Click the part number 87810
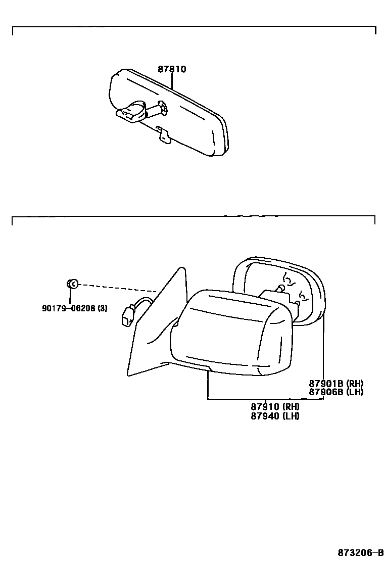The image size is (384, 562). coord(172,69)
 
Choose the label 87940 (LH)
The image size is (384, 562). coord(275,416)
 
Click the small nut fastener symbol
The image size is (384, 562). coord(72,284)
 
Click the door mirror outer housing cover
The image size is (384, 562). coord(232,329)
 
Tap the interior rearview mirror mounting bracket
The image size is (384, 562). coord(131,112)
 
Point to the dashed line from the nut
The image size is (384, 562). coord(116,288)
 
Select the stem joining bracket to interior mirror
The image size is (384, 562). coord(153,108)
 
